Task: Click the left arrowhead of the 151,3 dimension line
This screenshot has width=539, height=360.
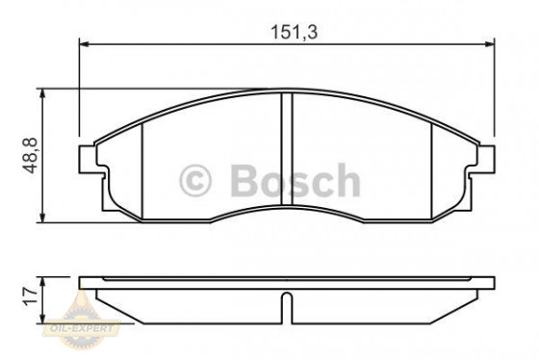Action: coord(83,45)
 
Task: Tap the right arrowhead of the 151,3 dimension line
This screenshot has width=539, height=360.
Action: coord(490,45)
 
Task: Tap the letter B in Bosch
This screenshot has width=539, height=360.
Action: coord(242,180)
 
